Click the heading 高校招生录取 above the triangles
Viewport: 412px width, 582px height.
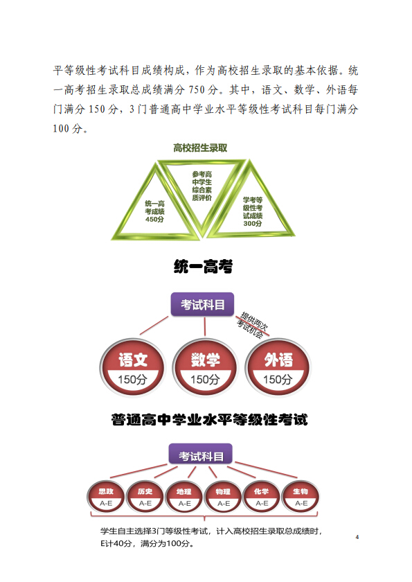coord(200,148)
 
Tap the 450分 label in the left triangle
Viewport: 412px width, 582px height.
coord(154,220)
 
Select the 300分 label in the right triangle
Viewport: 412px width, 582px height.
coord(253,223)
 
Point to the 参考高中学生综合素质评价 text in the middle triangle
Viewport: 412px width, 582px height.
coord(202,186)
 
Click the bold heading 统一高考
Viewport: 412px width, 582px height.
coord(203,267)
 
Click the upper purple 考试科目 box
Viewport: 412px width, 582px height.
coord(202,304)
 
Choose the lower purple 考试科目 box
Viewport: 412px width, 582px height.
coord(201,455)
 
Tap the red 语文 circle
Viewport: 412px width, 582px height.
coord(132,367)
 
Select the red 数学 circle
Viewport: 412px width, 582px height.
coord(205,367)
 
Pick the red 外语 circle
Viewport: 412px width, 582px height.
coord(278,367)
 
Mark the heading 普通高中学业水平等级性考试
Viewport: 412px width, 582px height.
coord(210,420)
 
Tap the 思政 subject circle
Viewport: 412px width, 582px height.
coord(106,496)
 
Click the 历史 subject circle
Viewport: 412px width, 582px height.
coord(145,496)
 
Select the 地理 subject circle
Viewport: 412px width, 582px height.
coord(184,496)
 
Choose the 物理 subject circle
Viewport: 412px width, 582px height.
coord(223,496)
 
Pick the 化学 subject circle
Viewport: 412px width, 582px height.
coord(262,496)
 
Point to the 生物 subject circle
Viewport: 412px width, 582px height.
coord(301,496)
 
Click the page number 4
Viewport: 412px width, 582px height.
coord(357,537)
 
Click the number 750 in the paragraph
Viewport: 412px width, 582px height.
coord(197,90)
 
